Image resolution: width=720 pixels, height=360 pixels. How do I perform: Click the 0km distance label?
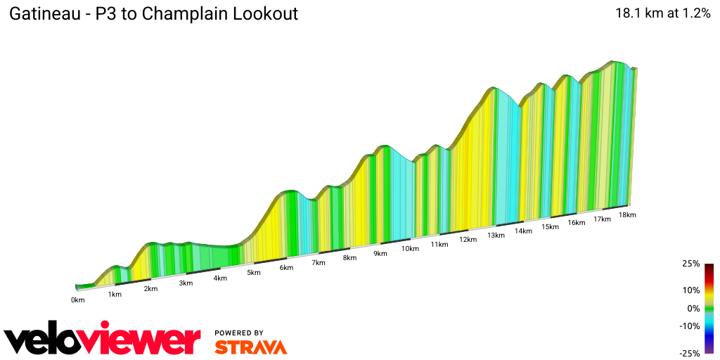click(x=77, y=300)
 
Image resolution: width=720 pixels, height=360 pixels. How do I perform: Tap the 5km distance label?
click(x=254, y=273)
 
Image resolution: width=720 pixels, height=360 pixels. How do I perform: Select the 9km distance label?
click(x=380, y=254)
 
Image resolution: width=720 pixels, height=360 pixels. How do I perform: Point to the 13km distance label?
click(x=496, y=236)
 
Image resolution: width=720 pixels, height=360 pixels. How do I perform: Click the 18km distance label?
click(x=627, y=215)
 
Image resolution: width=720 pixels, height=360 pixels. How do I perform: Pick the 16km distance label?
click(x=577, y=223)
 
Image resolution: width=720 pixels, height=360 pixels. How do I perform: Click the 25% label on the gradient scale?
click(x=690, y=264)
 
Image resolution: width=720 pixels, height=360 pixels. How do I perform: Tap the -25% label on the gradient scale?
click(x=689, y=353)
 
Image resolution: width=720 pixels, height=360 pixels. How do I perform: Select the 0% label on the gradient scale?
click(x=693, y=309)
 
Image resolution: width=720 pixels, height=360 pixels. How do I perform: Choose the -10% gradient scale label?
click(x=689, y=326)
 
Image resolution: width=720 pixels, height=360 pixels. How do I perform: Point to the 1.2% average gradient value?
click(x=696, y=13)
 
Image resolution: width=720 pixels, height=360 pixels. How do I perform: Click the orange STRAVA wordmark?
click(x=250, y=347)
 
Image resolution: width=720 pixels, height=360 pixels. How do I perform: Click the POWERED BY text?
click(x=239, y=333)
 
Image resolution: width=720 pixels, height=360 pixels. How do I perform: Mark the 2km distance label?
click(x=150, y=289)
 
